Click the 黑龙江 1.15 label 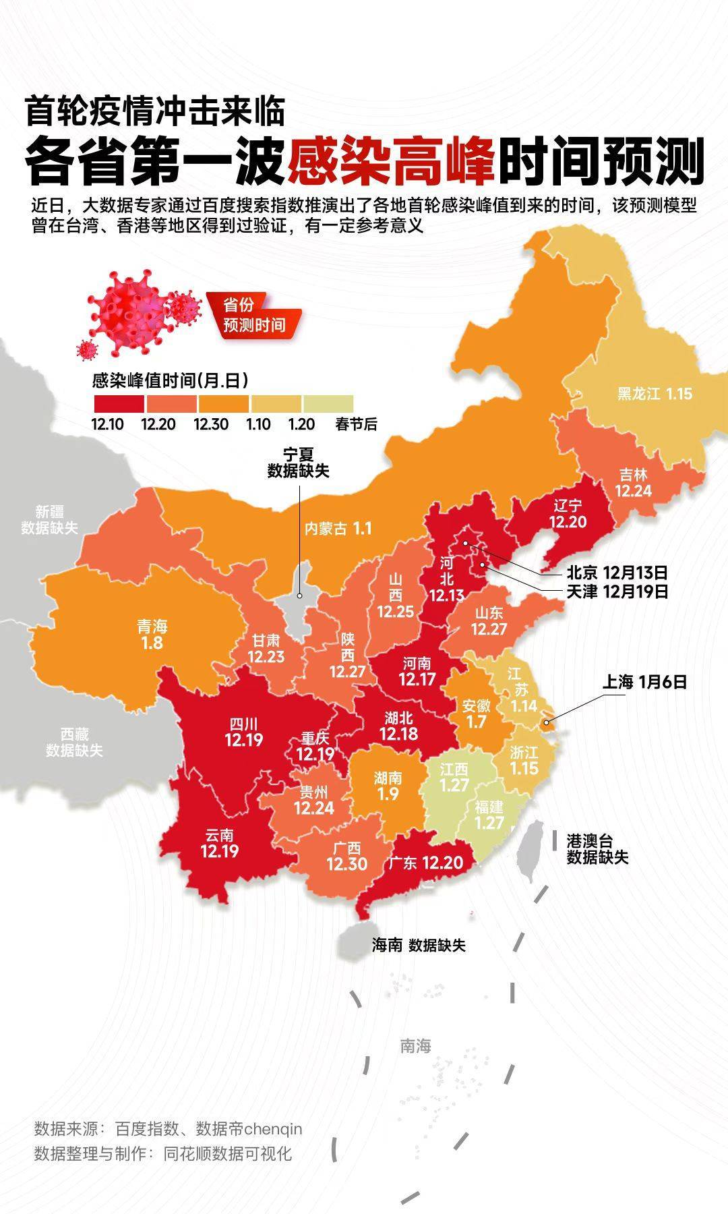(655, 394)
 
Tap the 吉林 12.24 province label (633, 483)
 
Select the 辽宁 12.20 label (568, 514)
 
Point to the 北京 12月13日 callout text (617, 573)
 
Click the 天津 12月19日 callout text (617, 591)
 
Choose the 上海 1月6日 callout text (644, 682)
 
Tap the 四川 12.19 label (244, 732)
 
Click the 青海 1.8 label (152, 635)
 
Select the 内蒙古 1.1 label (338, 528)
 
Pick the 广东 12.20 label (425, 863)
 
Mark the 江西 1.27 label (454, 777)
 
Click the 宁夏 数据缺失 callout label (298, 463)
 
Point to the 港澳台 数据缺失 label (597, 849)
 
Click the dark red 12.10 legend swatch (118, 404)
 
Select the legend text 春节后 (356, 424)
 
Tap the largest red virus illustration (129, 310)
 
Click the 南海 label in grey (415, 1046)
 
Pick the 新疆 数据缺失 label (49, 520)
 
